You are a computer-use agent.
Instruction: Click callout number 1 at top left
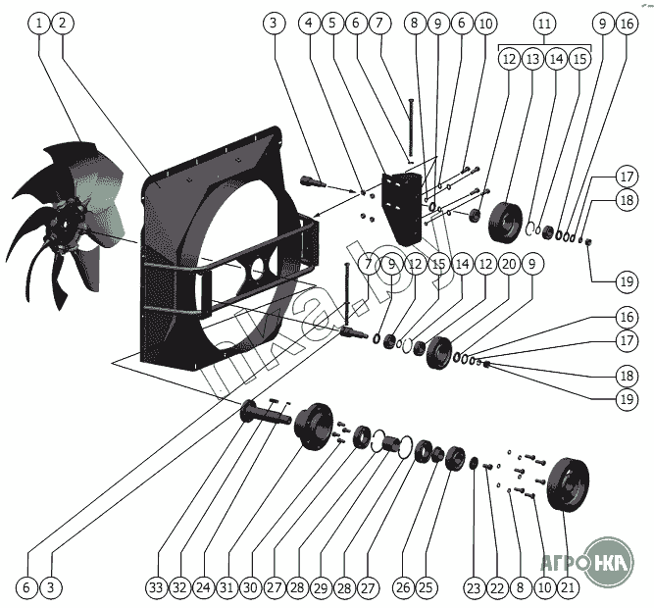tap(39, 22)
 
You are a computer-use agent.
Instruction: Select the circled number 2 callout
tap(62, 22)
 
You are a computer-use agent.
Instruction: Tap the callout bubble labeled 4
tap(310, 22)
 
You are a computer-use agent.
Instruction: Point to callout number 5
tap(333, 22)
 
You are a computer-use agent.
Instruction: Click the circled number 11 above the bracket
tap(546, 22)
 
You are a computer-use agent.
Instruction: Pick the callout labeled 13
tap(532, 59)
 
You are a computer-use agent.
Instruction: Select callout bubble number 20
tap(508, 264)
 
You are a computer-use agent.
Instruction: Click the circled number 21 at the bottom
tap(567, 587)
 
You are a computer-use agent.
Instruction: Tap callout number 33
tap(155, 587)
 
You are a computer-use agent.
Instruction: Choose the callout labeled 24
tap(202, 587)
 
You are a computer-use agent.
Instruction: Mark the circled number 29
tap(321, 587)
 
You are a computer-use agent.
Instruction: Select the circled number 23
tap(474, 587)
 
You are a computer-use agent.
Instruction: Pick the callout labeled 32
tap(178, 587)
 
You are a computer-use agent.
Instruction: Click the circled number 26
tap(402, 587)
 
